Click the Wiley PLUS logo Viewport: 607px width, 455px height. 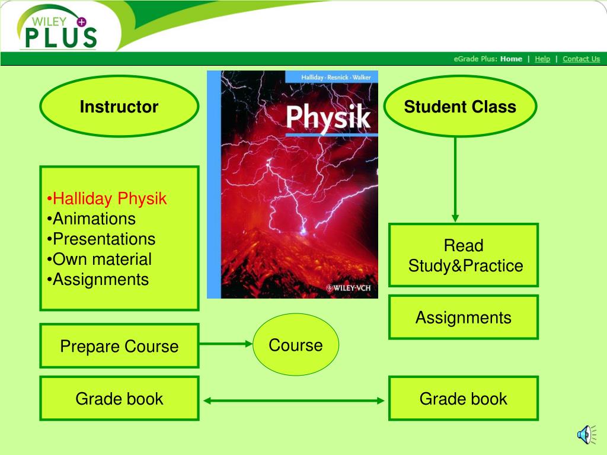click(57, 28)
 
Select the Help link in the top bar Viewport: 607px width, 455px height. click(542, 59)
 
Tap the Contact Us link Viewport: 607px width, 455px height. click(581, 59)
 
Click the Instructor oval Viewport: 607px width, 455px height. click(119, 107)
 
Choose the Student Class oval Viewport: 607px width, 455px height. click(460, 107)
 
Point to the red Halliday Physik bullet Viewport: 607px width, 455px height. click(107, 198)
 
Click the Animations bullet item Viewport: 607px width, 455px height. click(91, 219)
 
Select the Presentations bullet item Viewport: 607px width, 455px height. click(101, 239)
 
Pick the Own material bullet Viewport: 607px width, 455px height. click(99, 259)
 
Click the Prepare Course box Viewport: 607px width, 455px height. click(119, 346)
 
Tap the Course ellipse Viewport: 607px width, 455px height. click(296, 344)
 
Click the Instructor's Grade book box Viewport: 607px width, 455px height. click(119, 399)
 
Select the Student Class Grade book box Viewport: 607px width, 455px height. click(464, 399)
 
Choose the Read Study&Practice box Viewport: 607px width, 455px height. click(464, 255)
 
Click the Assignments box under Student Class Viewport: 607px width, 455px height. click(464, 318)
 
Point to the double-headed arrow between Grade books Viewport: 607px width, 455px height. click(294, 401)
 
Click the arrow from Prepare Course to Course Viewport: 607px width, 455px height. click(226, 344)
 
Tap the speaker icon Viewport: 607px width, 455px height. click(586, 435)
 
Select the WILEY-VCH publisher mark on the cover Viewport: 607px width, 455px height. click(349, 288)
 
